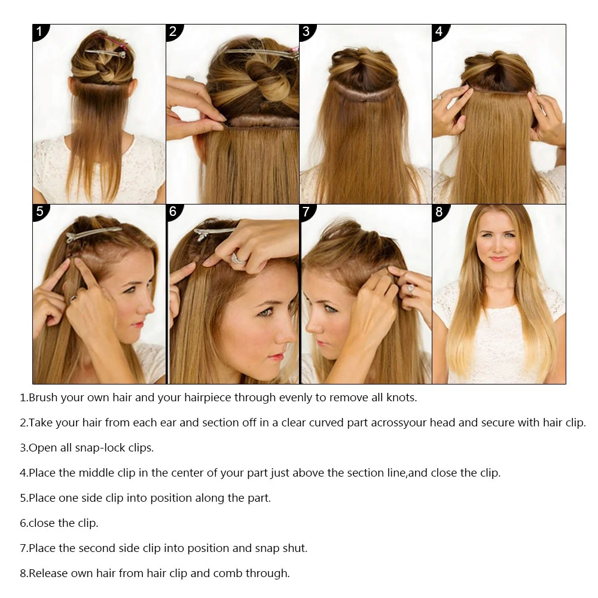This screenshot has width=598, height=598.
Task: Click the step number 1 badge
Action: pos(39,31)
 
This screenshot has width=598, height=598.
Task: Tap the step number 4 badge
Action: pos(440,31)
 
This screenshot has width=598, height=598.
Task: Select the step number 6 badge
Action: pos(173,211)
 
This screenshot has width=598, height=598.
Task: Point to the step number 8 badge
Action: pos(440,211)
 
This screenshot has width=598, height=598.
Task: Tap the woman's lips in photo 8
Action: pos(498,259)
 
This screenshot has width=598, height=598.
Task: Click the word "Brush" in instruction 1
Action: pos(43,398)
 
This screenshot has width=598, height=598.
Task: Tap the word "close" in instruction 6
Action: pos(42,523)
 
